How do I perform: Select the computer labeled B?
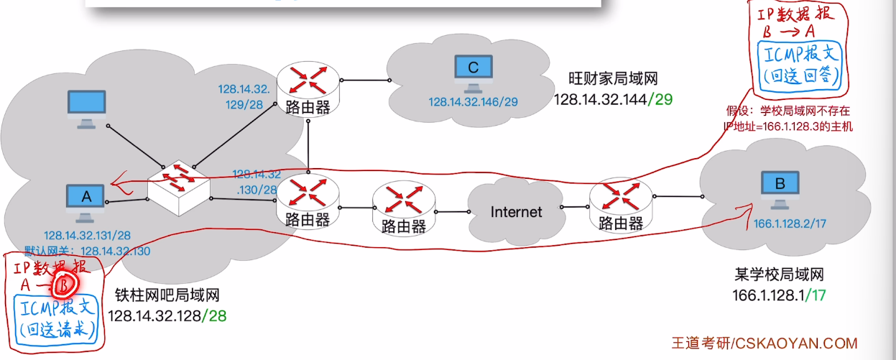point(780,190)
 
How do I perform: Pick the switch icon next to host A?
point(178,188)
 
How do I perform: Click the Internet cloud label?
point(516,212)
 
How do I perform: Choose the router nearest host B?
point(621,206)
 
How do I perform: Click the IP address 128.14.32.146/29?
point(474,102)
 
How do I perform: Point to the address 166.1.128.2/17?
point(790,223)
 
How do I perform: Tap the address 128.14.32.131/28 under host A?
point(87,235)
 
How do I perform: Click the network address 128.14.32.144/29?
point(613,100)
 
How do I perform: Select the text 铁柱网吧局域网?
point(167,295)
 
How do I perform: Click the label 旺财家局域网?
point(613,78)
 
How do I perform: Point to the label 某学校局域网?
point(779,274)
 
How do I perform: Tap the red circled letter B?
point(65,285)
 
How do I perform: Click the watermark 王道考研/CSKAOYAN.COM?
point(765,343)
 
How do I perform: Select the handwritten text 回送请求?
point(58,330)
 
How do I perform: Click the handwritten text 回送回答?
point(800,75)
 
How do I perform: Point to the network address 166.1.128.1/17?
point(779,295)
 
